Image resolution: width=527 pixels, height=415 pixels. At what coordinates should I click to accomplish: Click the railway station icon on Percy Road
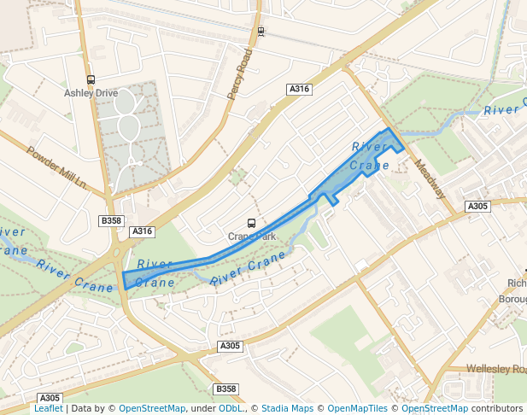261,32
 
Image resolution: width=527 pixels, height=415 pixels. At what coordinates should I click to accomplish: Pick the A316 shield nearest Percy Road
299,90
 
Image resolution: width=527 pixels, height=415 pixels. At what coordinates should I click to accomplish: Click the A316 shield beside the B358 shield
142,231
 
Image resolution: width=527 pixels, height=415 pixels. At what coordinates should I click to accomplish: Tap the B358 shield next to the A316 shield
112,221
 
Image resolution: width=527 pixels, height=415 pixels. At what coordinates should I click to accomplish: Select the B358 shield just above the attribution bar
225,389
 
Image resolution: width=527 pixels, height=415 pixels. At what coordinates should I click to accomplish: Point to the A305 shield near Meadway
477,207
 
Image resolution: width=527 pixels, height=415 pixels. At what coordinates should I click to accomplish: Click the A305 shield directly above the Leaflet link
50,398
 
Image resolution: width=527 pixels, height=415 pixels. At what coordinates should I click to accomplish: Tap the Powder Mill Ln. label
57,168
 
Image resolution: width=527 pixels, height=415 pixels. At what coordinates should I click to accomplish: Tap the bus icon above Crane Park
250,224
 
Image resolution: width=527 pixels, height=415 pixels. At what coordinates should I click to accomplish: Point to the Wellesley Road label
496,369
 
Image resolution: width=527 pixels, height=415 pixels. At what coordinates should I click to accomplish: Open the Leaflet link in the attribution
48,409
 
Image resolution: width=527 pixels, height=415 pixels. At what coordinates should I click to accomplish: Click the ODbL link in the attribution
231,409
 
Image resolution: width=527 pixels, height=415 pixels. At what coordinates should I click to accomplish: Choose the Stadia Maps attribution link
287,409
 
